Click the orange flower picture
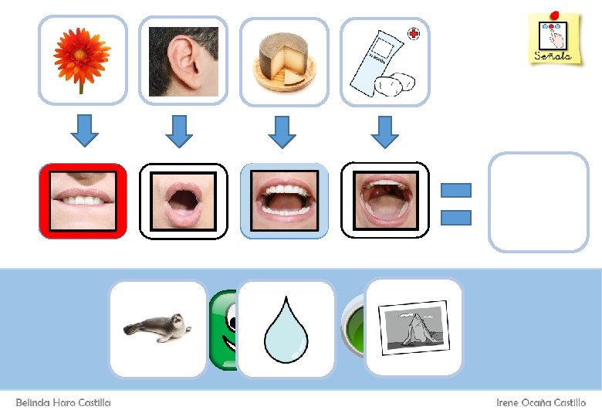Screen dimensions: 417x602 (82, 60)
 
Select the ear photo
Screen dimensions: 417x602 (183, 62)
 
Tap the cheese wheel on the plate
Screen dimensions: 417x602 (284, 62)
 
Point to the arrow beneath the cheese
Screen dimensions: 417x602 (282, 131)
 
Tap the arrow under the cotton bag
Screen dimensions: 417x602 (384, 131)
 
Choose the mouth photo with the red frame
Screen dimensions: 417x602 (83, 200)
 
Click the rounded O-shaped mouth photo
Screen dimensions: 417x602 (184, 200)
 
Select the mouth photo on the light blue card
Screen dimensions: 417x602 (284, 200)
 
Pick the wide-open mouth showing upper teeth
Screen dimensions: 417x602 (384, 200)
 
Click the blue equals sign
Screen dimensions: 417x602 (455, 204)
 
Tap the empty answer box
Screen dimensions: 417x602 (538, 202)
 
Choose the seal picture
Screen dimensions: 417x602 (157, 328)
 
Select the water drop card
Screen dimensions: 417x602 (286, 329)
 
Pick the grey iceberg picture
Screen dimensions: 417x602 (414, 326)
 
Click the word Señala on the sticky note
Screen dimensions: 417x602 (553, 56)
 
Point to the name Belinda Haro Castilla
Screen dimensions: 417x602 (63, 403)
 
